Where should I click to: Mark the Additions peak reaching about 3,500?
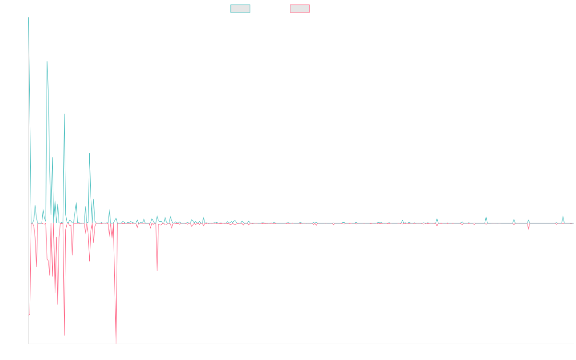(x=47, y=61)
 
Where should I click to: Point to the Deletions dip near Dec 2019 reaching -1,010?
(x=157, y=270)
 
